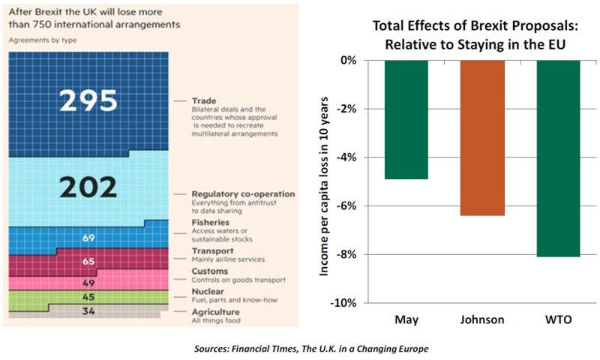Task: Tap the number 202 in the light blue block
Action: tap(89, 187)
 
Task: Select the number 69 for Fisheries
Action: tap(89, 238)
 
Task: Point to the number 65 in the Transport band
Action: tap(89, 262)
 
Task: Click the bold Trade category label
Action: tap(203, 100)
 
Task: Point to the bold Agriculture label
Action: tap(215, 311)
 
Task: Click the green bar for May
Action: tap(406, 119)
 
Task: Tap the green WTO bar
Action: tap(558, 158)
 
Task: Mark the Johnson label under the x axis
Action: tap(482, 320)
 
